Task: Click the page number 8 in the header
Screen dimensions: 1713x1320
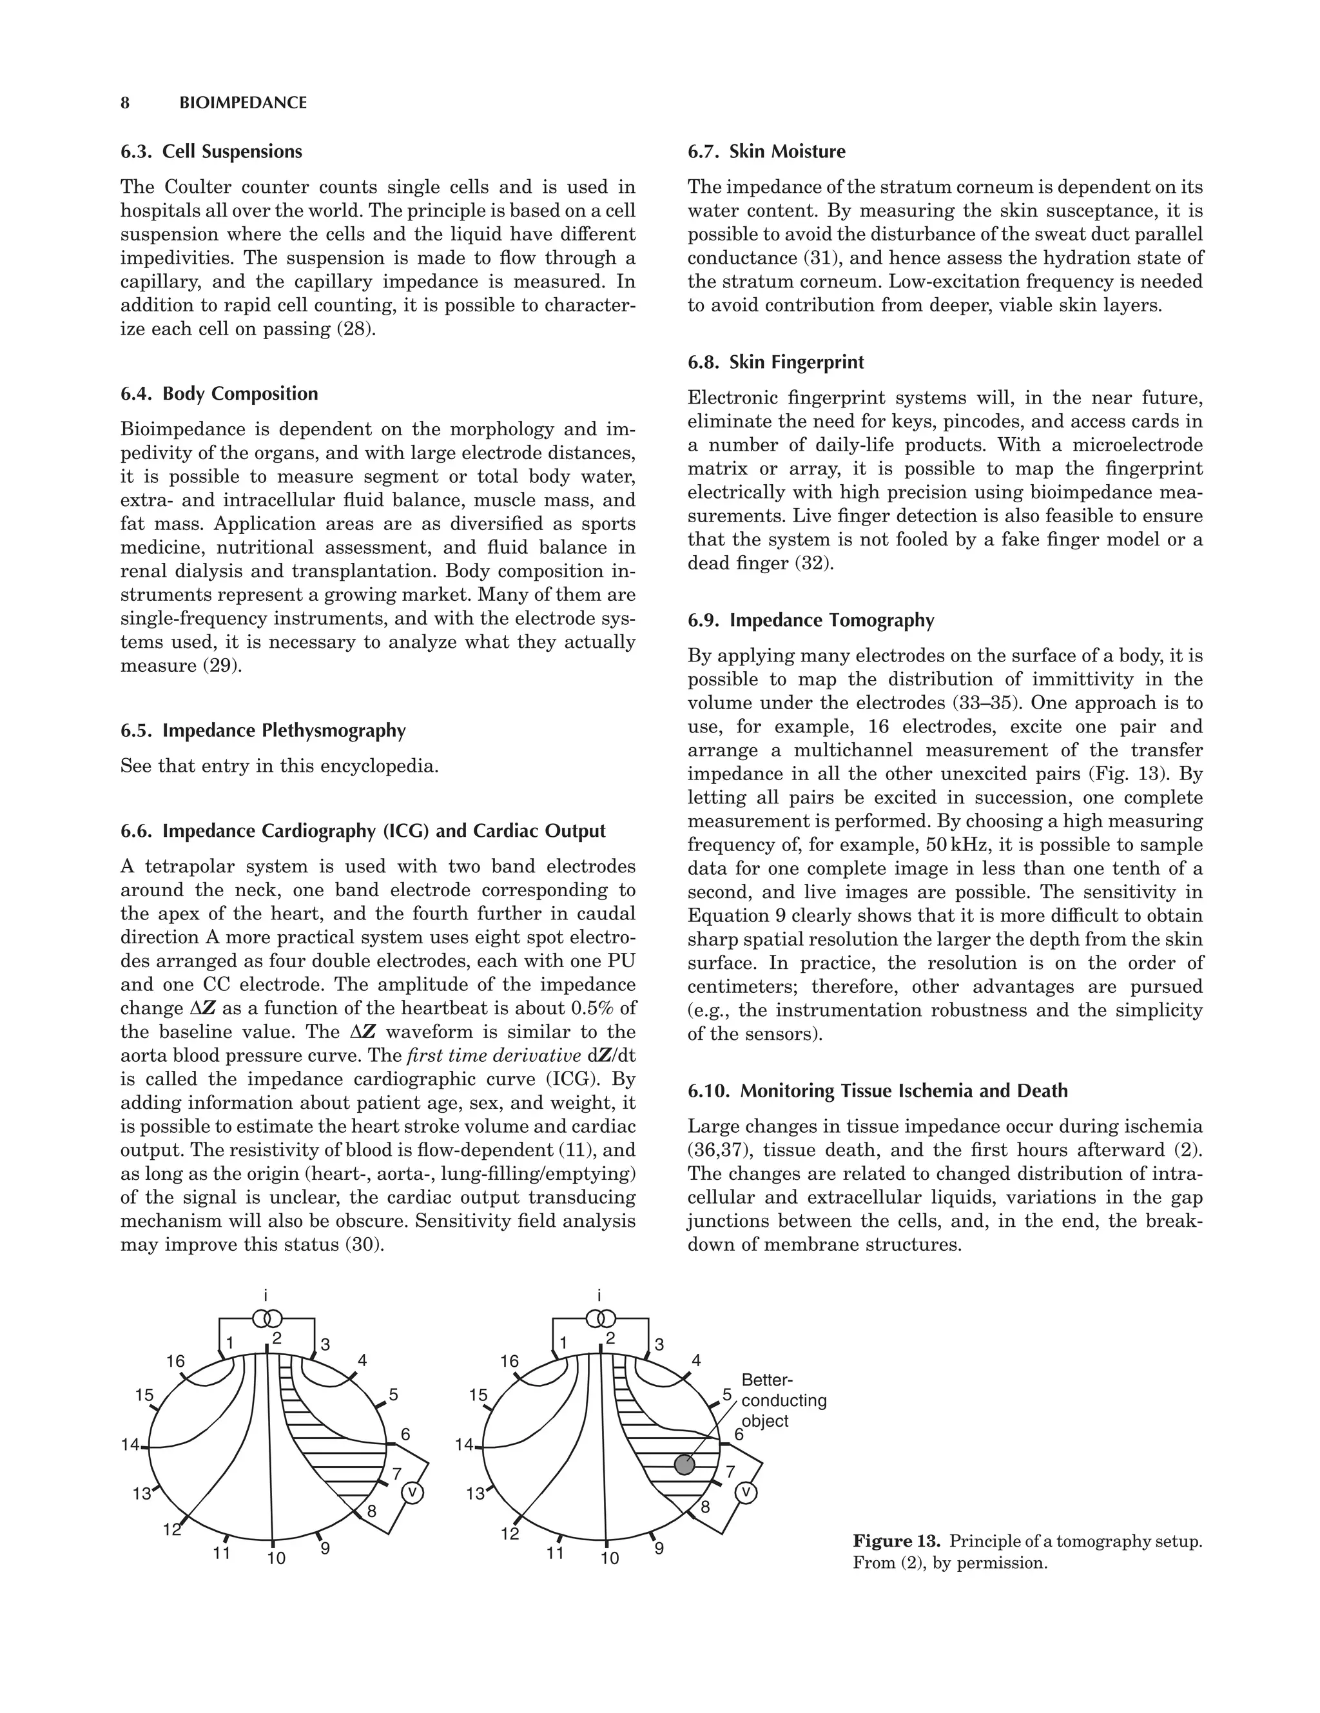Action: [x=124, y=103]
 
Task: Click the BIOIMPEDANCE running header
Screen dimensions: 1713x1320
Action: [x=243, y=103]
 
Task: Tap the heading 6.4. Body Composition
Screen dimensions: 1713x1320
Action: [x=219, y=394]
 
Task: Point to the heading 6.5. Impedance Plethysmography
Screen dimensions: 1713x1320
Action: [x=263, y=730]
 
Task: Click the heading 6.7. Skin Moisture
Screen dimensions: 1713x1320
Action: [x=766, y=152]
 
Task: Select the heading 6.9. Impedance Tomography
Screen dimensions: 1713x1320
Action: [x=810, y=620]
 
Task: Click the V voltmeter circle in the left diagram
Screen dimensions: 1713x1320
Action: [x=412, y=1493]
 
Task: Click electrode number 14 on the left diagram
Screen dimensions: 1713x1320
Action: [x=130, y=1444]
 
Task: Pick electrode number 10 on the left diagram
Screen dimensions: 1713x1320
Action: [x=276, y=1558]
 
